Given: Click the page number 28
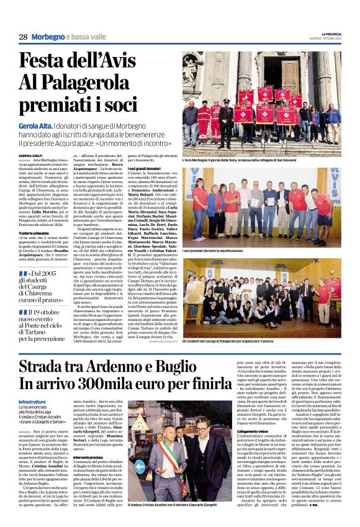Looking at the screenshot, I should pos(23,37).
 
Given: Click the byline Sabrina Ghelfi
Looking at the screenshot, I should pos(30,155).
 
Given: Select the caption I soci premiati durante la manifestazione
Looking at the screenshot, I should pos(218,251).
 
